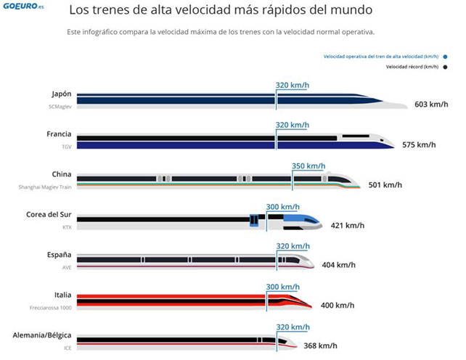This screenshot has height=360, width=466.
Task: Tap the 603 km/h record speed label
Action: pos(431,105)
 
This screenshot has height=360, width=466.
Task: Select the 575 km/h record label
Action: pos(419,144)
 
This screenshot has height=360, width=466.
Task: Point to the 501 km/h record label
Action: pos(385,184)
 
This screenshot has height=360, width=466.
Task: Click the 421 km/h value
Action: pos(347,225)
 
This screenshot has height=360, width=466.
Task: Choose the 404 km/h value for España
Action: pos(338,265)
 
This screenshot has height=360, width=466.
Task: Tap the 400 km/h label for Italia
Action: pos(337,305)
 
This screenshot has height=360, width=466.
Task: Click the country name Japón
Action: pos(62,94)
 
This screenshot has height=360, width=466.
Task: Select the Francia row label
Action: pos(60,134)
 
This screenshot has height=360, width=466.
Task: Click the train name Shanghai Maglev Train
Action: pos(45,187)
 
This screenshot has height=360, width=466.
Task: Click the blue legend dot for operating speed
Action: pos(445,56)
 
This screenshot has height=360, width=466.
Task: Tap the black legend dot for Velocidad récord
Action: pos(445,67)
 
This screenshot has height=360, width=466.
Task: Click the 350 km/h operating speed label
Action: pos(308,165)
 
